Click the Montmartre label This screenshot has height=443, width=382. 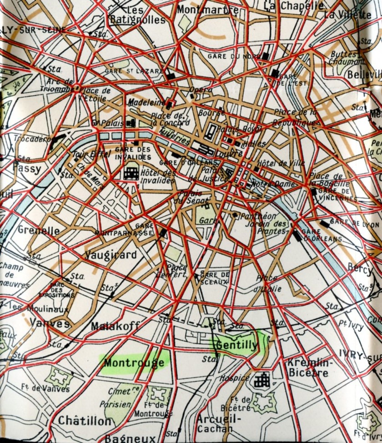201,9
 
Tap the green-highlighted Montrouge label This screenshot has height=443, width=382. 134,362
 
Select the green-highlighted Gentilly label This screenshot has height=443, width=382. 236,345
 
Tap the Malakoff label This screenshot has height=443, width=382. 115,326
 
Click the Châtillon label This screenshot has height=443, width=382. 84,421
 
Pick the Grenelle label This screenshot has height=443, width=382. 38,230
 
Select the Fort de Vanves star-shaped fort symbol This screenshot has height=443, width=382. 58,377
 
